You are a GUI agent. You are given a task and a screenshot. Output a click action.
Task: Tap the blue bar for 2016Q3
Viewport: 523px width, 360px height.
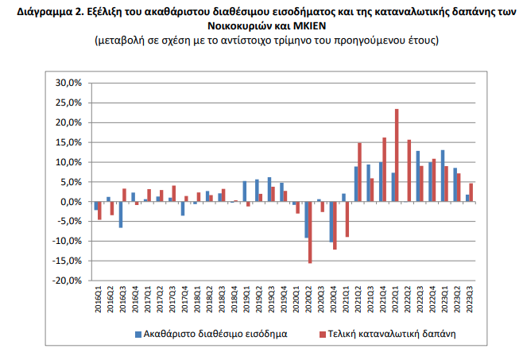(x=121, y=215)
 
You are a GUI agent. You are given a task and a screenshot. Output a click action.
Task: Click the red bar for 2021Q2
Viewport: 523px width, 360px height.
(x=359, y=172)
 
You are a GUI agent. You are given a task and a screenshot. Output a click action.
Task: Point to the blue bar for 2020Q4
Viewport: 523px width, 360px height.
(x=331, y=222)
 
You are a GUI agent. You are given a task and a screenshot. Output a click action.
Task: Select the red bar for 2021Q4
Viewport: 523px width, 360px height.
(x=384, y=170)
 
